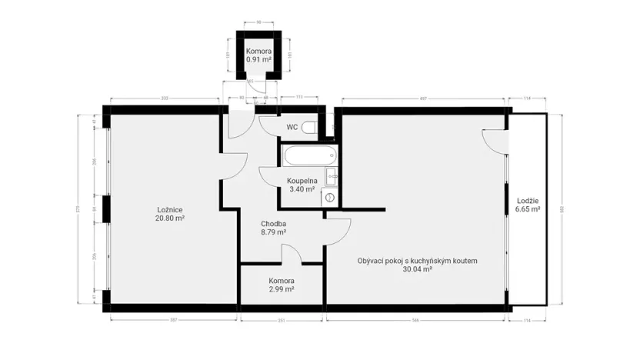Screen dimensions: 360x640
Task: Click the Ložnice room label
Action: coord(169,209)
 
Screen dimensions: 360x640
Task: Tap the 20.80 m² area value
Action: coord(169,218)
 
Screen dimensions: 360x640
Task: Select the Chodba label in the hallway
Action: coord(273,223)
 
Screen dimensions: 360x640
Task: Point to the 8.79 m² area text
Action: coord(273,232)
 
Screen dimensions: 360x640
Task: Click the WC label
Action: coord(292,127)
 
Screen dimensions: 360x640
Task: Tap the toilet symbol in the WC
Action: coord(309,127)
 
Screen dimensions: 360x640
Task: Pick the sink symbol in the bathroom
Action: coord(332,176)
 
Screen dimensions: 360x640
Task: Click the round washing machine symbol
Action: coord(331,197)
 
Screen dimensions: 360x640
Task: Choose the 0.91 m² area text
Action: coord(259,59)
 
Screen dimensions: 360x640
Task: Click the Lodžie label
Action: coord(527,200)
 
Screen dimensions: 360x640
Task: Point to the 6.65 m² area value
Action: coord(527,208)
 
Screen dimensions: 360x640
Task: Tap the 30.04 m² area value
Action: coord(417,270)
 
